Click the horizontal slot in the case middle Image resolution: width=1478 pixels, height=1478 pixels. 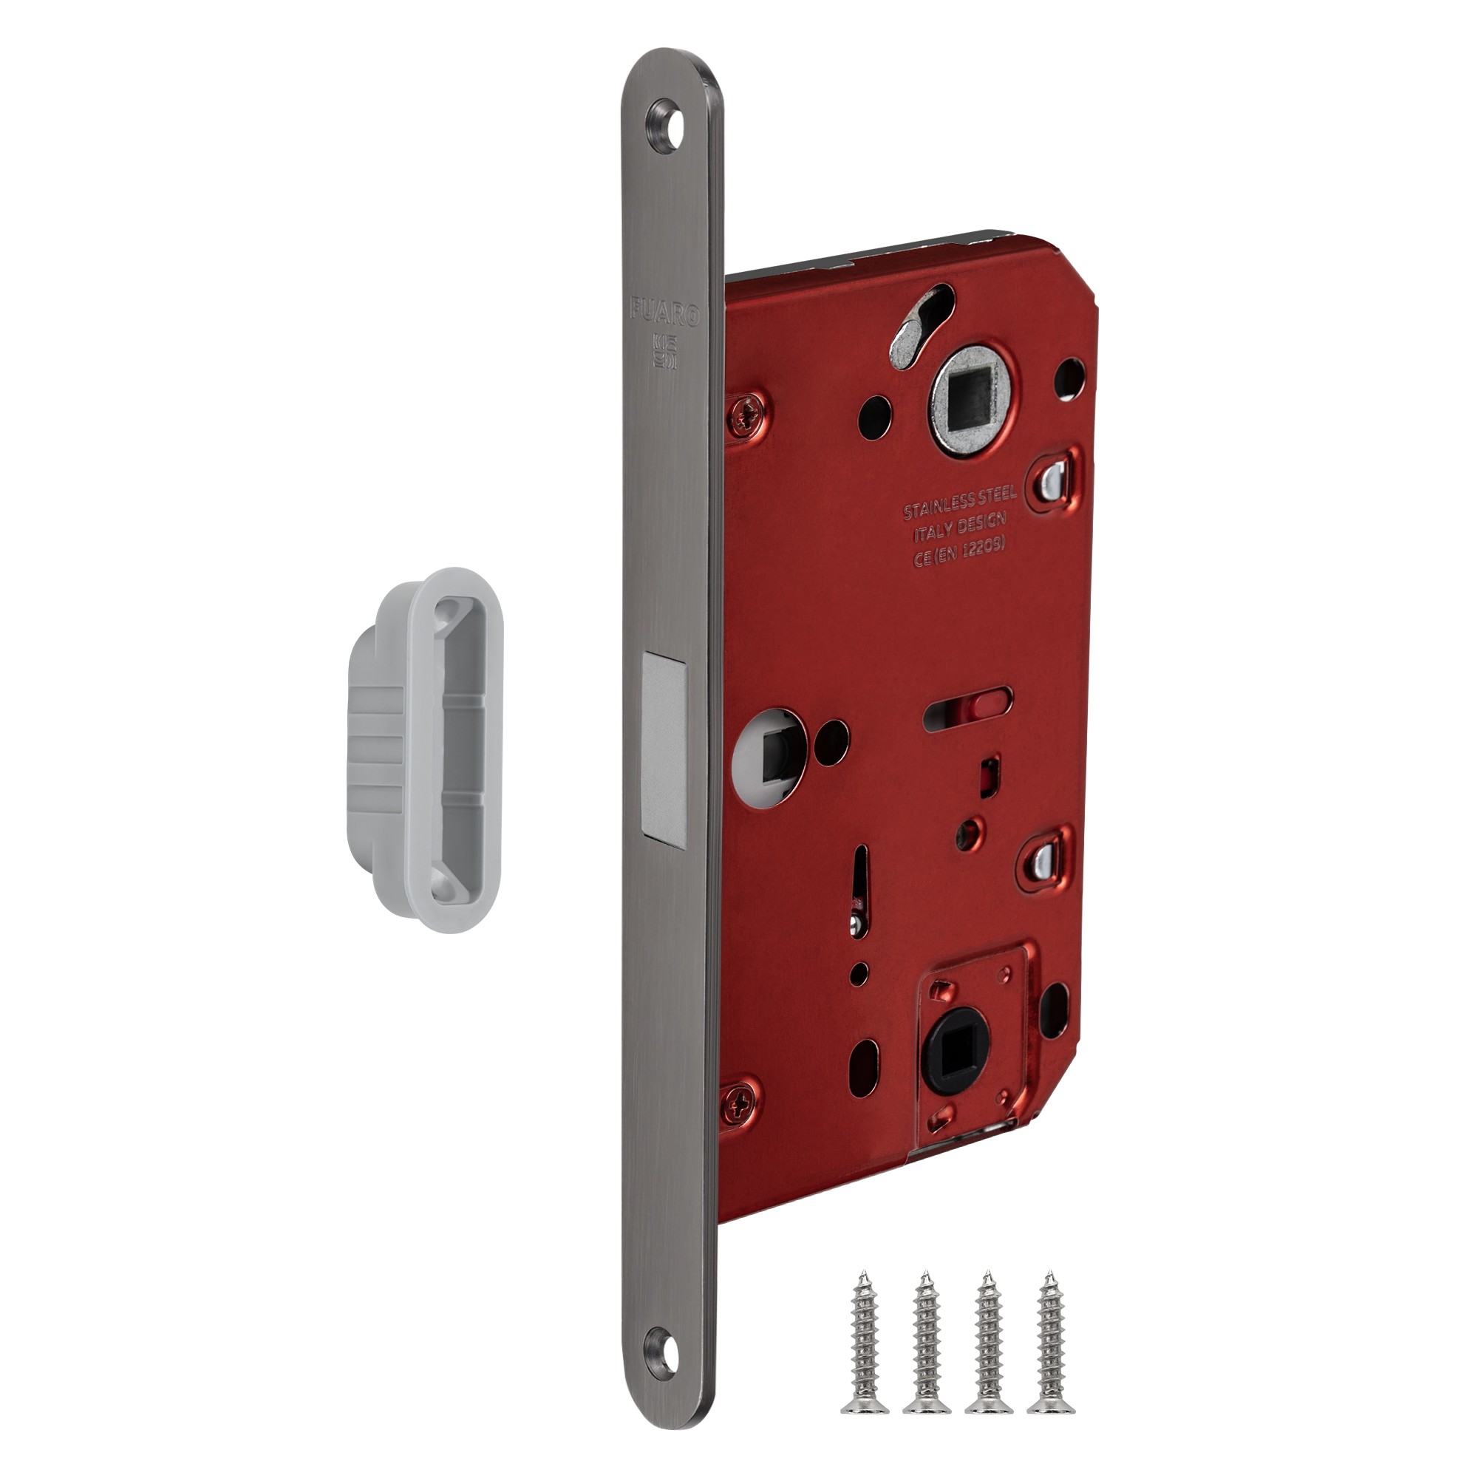click(968, 699)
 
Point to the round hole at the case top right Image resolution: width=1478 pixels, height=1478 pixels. click(1069, 378)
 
